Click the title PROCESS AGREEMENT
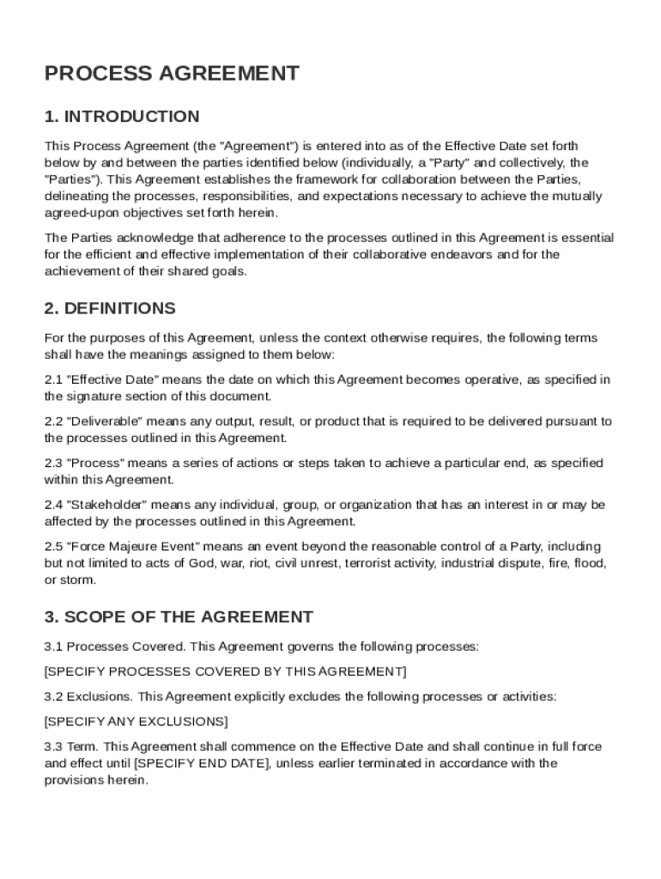[x=172, y=74]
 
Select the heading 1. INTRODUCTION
[x=122, y=117]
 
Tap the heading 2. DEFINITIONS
[x=110, y=308]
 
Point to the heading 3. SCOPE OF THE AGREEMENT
[x=179, y=617]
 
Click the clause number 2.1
[x=53, y=379]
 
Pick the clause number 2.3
[x=53, y=464]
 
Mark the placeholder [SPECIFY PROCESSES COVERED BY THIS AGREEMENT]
[x=226, y=670]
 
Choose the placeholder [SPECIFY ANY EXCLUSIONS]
[x=136, y=721]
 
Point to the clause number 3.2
[x=53, y=696]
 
